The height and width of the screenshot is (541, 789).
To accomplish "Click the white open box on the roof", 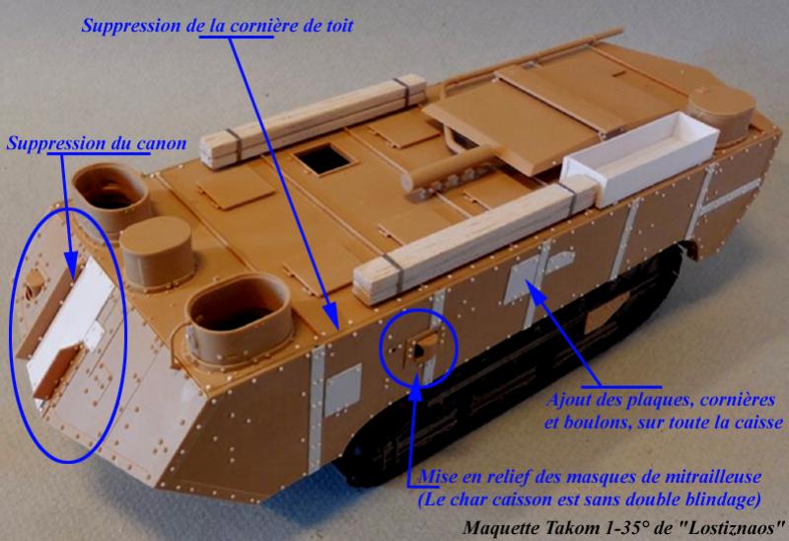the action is (640, 156).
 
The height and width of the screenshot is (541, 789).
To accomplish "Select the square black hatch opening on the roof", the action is (323, 159).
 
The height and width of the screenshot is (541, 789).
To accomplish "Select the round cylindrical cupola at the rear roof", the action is (721, 114).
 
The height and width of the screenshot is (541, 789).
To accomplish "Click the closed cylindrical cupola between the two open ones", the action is (157, 255).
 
